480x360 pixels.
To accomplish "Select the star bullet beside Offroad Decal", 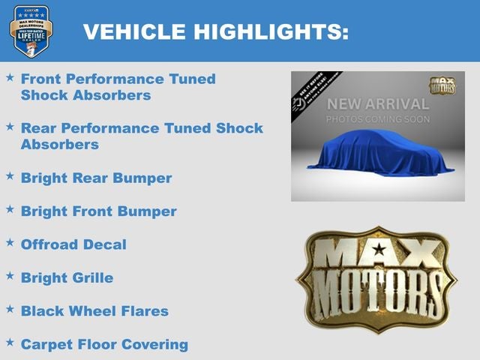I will pos(10,243).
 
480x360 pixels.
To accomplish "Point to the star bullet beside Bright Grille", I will pos(10,276).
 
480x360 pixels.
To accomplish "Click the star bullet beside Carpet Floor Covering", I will pos(10,342).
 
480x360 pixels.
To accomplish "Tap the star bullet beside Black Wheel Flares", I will pos(10,309).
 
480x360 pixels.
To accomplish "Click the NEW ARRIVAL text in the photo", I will pos(378,104).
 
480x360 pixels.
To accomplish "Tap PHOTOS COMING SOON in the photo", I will pos(378,119).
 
